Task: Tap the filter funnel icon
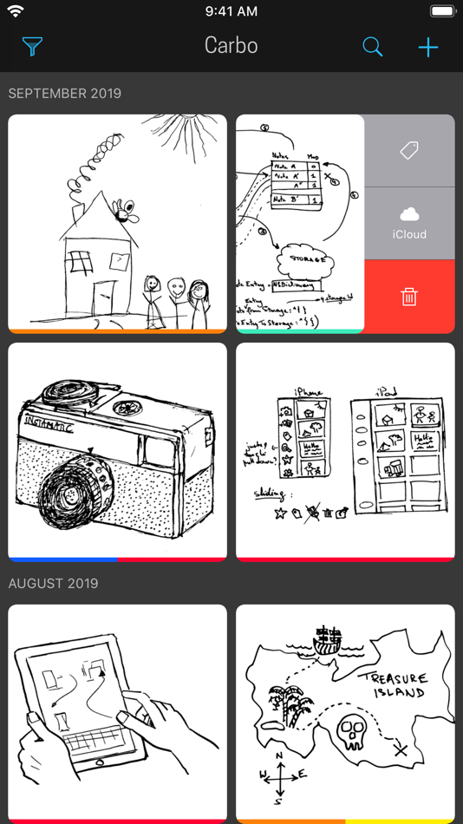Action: (x=32, y=46)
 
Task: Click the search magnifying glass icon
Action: (x=373, y=47)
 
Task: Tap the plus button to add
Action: (x=428, y=47)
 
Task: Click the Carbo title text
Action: (x=231, y=46)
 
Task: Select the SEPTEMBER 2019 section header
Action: (x=65, y=94)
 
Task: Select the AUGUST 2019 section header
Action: (x=53, y=584)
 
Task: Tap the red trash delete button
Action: (x=409, y=297)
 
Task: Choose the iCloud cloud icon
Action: (x=409, y=215)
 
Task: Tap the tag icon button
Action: (x=409, y=151)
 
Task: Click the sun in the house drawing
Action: (x=182, y=130)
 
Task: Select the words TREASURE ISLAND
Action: (x=395, y=685)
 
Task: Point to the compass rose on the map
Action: (x=279, y=776)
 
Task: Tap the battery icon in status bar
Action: (x=442, y=11)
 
